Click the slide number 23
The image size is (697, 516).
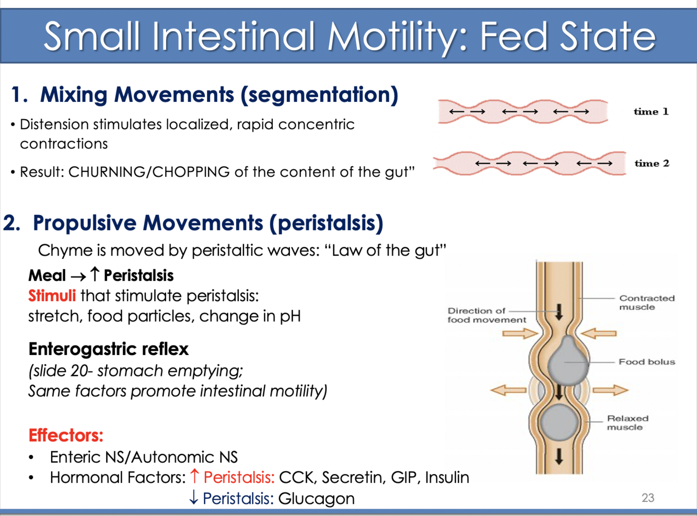click(x=648, y=498)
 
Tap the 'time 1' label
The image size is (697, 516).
click(x=650, y=111)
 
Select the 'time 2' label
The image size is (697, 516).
click(x=652, y=163)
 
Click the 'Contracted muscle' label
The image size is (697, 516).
click(x=646, y=302)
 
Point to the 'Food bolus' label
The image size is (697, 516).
click(x=646, y=362)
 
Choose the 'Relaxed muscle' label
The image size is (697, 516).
click(x=627, y=422)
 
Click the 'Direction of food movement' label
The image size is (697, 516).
click(x=486, y=315)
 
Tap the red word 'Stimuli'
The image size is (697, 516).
click(x=52, y=296)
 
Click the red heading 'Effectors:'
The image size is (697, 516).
click(x=66, y=435)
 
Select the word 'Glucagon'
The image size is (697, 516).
click(x=316, y=499)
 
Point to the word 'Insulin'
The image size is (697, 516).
click(x=447, y=477)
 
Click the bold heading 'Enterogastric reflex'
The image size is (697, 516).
click(x=108, y=349)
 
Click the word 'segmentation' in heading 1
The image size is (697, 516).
click(x=319, y=95)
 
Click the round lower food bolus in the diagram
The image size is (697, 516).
click(x=559, y=422)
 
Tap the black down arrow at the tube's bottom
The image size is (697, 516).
click(x=559, y=456)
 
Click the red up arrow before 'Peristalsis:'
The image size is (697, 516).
click(x=194, y=476)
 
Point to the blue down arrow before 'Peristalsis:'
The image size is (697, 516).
click(x=193, y=498)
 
